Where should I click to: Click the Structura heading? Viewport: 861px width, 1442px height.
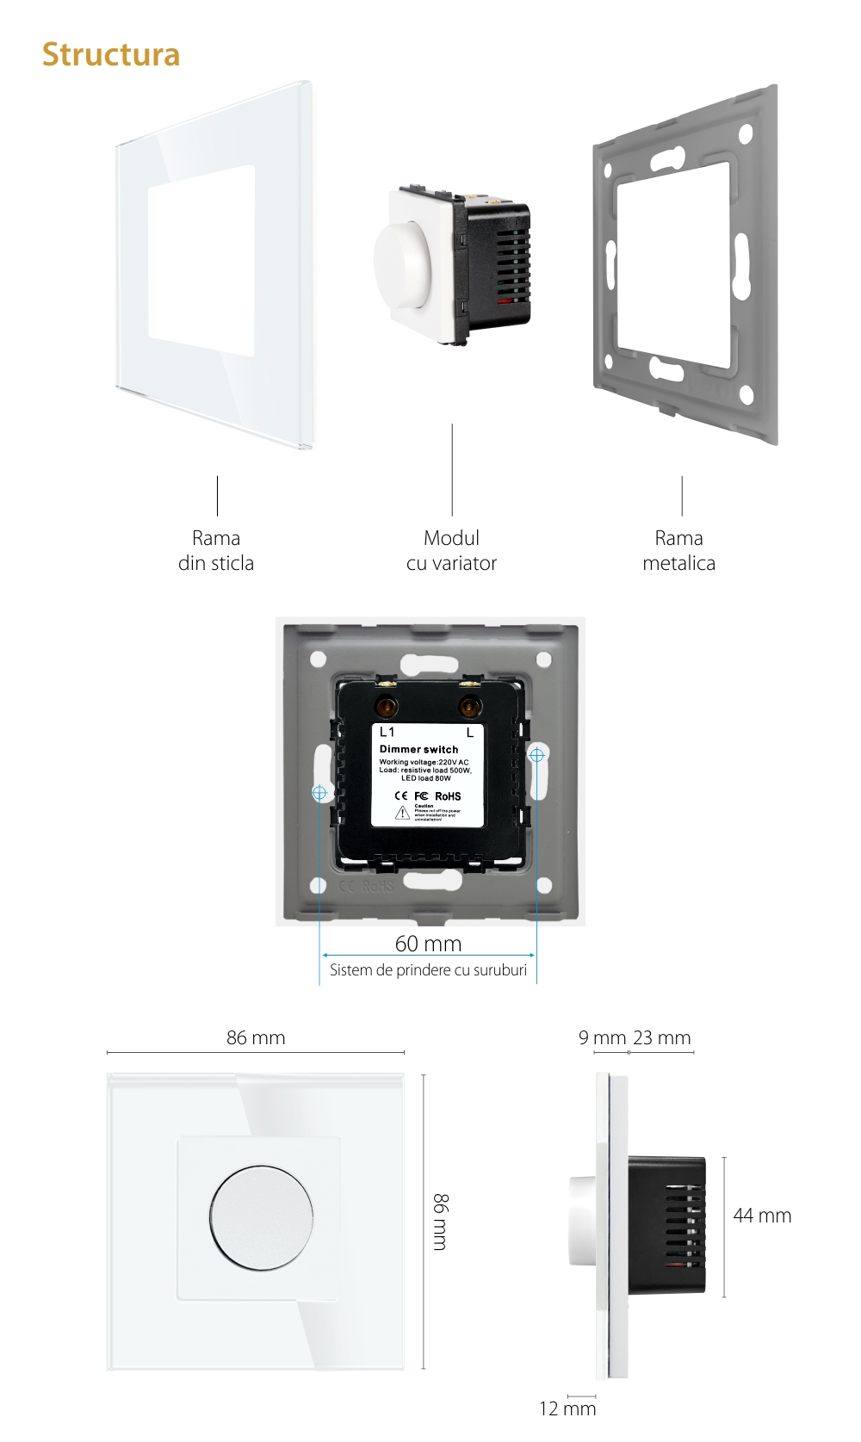[x=111, y=54]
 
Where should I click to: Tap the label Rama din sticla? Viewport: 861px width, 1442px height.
[x=216, y=550]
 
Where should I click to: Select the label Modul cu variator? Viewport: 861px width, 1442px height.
[x=451, y=550]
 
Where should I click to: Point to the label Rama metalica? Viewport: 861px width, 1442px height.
[x=678, y=550]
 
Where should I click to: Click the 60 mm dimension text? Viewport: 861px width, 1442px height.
[x=428, y=944]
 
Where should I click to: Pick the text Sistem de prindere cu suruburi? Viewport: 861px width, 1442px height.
[x=428, y=970]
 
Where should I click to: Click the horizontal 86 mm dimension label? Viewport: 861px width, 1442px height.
[x=256, y=1037]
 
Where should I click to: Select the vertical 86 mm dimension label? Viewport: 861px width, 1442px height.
[x=440, y=1222]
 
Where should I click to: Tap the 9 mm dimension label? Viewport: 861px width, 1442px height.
[x=602, y=1037]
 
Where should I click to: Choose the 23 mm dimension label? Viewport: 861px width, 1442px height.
[x=661, y=1037]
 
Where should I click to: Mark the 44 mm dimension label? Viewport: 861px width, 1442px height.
[x=762, y=1216]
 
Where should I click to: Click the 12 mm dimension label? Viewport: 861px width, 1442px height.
[x=567, y=1408]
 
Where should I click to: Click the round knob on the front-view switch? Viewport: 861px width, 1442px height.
[x=261, y=1217]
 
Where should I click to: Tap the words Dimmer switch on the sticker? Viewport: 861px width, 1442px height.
[x=418, y=749]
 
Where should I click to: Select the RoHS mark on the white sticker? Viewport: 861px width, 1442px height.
[x=448, y=796]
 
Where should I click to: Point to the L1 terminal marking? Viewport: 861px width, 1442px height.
[x=387, y=732]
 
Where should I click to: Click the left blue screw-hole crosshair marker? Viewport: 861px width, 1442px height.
[x=319, y=792]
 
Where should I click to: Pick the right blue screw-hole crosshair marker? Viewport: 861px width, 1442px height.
[x=536, y=755]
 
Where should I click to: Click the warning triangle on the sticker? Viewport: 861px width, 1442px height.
[x=402, y=814]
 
